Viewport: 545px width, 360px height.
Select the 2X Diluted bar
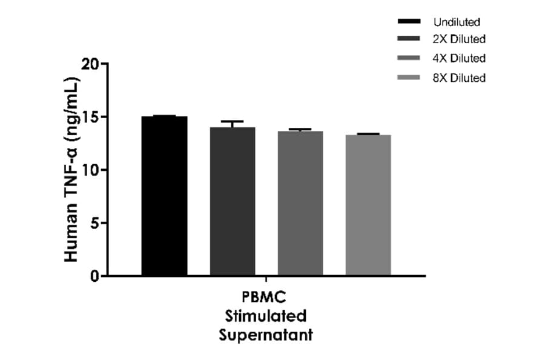[233, 201]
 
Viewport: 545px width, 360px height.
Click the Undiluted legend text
[457, 22]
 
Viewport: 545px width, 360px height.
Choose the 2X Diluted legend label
[459, 40]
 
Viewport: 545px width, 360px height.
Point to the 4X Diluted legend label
[459, 59]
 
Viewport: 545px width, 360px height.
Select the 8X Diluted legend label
[459, 78]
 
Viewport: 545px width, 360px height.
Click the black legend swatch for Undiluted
[409, 22]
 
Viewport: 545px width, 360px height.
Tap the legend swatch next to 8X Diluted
[409, 78]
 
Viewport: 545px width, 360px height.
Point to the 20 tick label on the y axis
[89, 64]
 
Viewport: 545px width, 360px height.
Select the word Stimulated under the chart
[266, 316]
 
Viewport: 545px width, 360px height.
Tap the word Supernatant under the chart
[266, 335]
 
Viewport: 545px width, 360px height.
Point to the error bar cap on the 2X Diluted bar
[233, 121]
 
